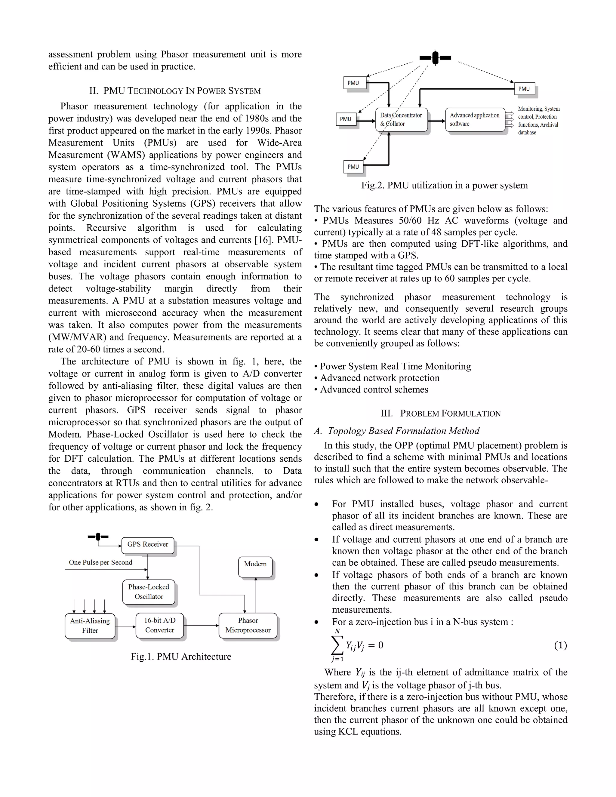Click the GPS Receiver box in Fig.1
(147, 544)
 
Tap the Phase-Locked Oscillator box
(149, 592)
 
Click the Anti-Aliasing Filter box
(90, 626)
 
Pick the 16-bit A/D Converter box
(159, 625)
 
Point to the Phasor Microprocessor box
(248, 626)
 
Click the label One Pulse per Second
(100, 562)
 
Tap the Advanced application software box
(475, 119)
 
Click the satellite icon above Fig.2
(435, 58)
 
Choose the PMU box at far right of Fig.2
(524, 89)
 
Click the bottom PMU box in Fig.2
(353, 167)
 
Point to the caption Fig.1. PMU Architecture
(181, 657)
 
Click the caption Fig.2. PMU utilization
(444, 185)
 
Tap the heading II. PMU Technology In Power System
(175, 91)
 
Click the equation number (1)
(560, 645)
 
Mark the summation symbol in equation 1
(337, 645)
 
